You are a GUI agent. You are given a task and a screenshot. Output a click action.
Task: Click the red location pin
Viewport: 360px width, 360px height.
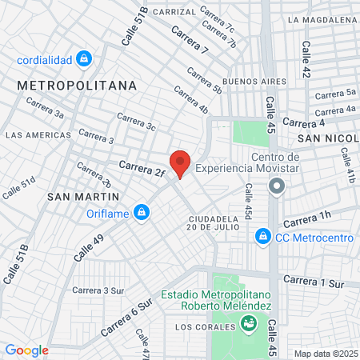click(180, 163)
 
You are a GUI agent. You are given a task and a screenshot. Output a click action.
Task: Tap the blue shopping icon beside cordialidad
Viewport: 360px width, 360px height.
click(85, 58)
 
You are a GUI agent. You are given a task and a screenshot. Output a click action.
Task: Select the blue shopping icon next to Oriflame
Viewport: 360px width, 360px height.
click(142, 212)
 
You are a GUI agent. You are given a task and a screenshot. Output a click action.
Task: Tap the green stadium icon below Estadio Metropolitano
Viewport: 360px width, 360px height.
click(249, 323)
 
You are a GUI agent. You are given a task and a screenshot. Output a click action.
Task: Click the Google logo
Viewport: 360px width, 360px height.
click(26, 350)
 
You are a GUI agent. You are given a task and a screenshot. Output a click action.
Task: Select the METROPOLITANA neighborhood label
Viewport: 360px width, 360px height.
click(77, 85)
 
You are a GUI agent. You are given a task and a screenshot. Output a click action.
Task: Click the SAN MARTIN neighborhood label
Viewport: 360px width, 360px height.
click(83, 195)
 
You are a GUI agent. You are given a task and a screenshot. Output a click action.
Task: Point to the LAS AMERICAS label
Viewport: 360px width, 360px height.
click(38, 135)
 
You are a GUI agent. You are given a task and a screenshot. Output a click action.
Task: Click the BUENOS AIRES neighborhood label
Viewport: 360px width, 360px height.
click(255, 82)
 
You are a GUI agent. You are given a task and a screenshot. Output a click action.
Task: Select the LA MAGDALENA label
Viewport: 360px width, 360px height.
click(322, 19)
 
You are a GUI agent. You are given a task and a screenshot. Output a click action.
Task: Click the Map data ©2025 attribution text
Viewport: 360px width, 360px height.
click(325, 353)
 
